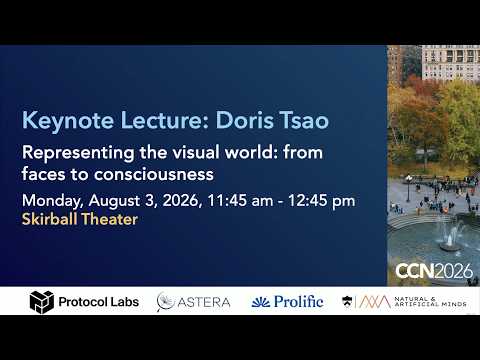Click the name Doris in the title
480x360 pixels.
pyautogui.click(x=244, y=120)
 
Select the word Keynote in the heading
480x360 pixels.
pyautogui.click(x=68, y=121)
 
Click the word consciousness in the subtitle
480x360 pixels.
pyautogui.click(x=154, y=174)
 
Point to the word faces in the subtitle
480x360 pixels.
pyautogui.click(x=43, y=174)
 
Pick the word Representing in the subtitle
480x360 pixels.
pyautogui.click(x=78, y=153)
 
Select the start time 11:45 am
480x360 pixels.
pyautogui.click(x=240, y=201)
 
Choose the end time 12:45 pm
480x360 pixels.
pyautogui.click(x=322, y=201)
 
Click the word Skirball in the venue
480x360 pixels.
pyautogui.click(x=49, y=219)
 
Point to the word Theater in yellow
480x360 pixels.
pyautogui.click(x=109, y=219)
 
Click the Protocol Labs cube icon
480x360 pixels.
pyautogui.click(x=42, y=302)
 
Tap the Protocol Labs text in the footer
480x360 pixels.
pyautogui.click(x=99, y=302)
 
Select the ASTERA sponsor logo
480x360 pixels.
pyautogui.click(x=193, y=302)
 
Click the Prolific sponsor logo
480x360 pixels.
pyautogui.click(x=287, y=302)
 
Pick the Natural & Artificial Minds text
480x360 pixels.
pyautogui.click(x=430, y=301)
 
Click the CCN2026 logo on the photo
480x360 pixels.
pyautogui.click(x=434, y=271)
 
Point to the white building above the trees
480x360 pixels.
pyautogui.click(x=451, y=63)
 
